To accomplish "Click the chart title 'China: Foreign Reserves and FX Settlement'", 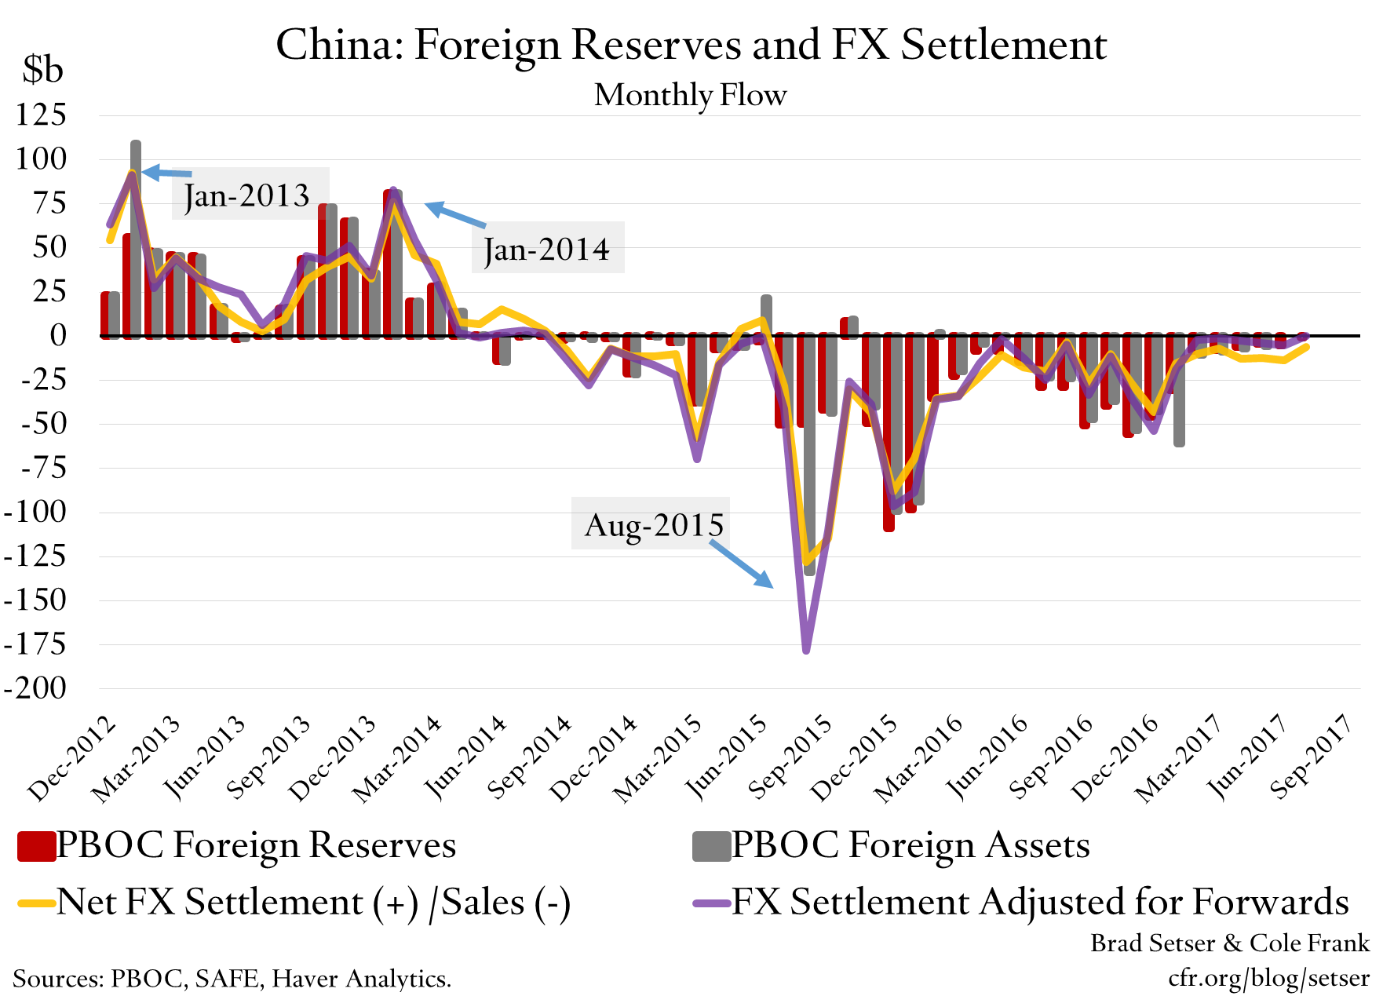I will click(691, 45).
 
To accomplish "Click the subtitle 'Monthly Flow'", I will click(690, 95).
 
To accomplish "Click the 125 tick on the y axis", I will click(42, 115).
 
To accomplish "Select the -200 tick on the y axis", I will click(35, 688).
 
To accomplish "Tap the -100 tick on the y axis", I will click(35, 512).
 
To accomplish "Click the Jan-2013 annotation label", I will click(247, 195).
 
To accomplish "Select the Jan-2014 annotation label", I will click(546, 250).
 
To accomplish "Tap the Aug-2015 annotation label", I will click(653, 524).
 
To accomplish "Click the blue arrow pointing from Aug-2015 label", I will click(743, 564).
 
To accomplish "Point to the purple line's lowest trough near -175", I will click(806, 648).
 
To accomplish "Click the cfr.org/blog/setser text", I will click(1268, 978).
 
